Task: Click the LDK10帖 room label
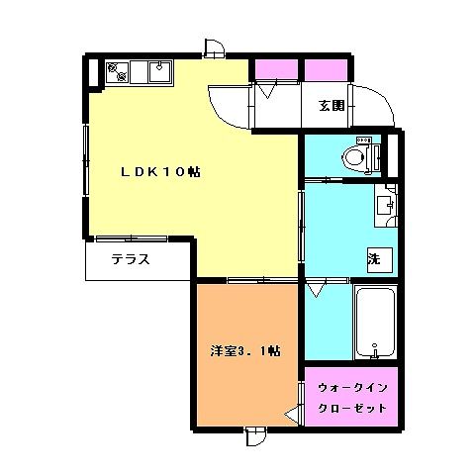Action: [160, 172]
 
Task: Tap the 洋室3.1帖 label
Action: [245, 351]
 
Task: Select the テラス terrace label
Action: [131, 259]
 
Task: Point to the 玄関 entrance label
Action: [332, 106]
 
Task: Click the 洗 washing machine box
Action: [380, 260]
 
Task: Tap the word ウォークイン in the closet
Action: [352, 388]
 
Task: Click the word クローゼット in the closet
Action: [352, 409]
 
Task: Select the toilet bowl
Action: [354, 158]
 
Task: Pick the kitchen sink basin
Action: [160, 72]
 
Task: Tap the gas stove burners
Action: [118, 72]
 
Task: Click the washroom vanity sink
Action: [384, 206]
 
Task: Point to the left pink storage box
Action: [277, 70]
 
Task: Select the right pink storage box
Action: [326, 70]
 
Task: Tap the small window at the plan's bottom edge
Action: [256, 436]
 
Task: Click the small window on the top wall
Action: [215, 48]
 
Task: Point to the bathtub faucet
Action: [374, 351]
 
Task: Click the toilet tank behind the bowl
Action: [376, 158]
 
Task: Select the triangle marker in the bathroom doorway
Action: [316, 291]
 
